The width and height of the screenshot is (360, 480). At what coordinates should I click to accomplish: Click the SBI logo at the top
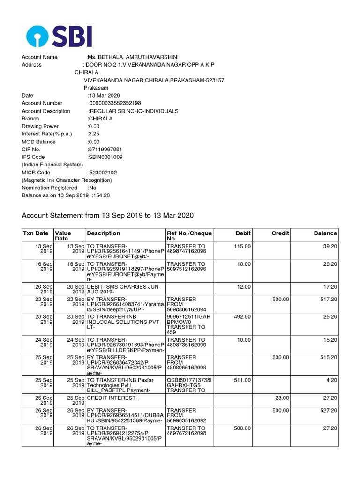[x=59, y=37]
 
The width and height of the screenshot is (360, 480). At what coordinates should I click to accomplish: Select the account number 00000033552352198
[x=115, y=103]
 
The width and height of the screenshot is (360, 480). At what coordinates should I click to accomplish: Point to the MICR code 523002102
[x=103, y=172]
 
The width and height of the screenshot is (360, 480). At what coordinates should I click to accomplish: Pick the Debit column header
[x=243, y=233]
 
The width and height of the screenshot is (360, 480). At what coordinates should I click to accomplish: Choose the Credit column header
[x=280, y=233]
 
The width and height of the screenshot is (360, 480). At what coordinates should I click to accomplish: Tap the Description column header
[x=104, y=233]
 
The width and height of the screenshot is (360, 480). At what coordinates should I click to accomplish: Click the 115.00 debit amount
[x=242, y=246]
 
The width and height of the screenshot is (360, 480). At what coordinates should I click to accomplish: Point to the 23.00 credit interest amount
[x=281, y=398]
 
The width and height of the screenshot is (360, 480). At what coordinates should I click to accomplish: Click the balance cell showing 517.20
[x=327, y=299]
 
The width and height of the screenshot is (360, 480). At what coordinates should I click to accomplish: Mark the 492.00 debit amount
[x=242, y=317]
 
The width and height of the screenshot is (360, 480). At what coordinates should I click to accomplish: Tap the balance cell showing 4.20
[x=330, y=380]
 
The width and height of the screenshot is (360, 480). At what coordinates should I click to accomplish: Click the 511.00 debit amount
[x=242, y=380]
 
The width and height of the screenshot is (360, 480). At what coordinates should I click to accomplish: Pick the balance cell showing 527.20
[x=327, y=411]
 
